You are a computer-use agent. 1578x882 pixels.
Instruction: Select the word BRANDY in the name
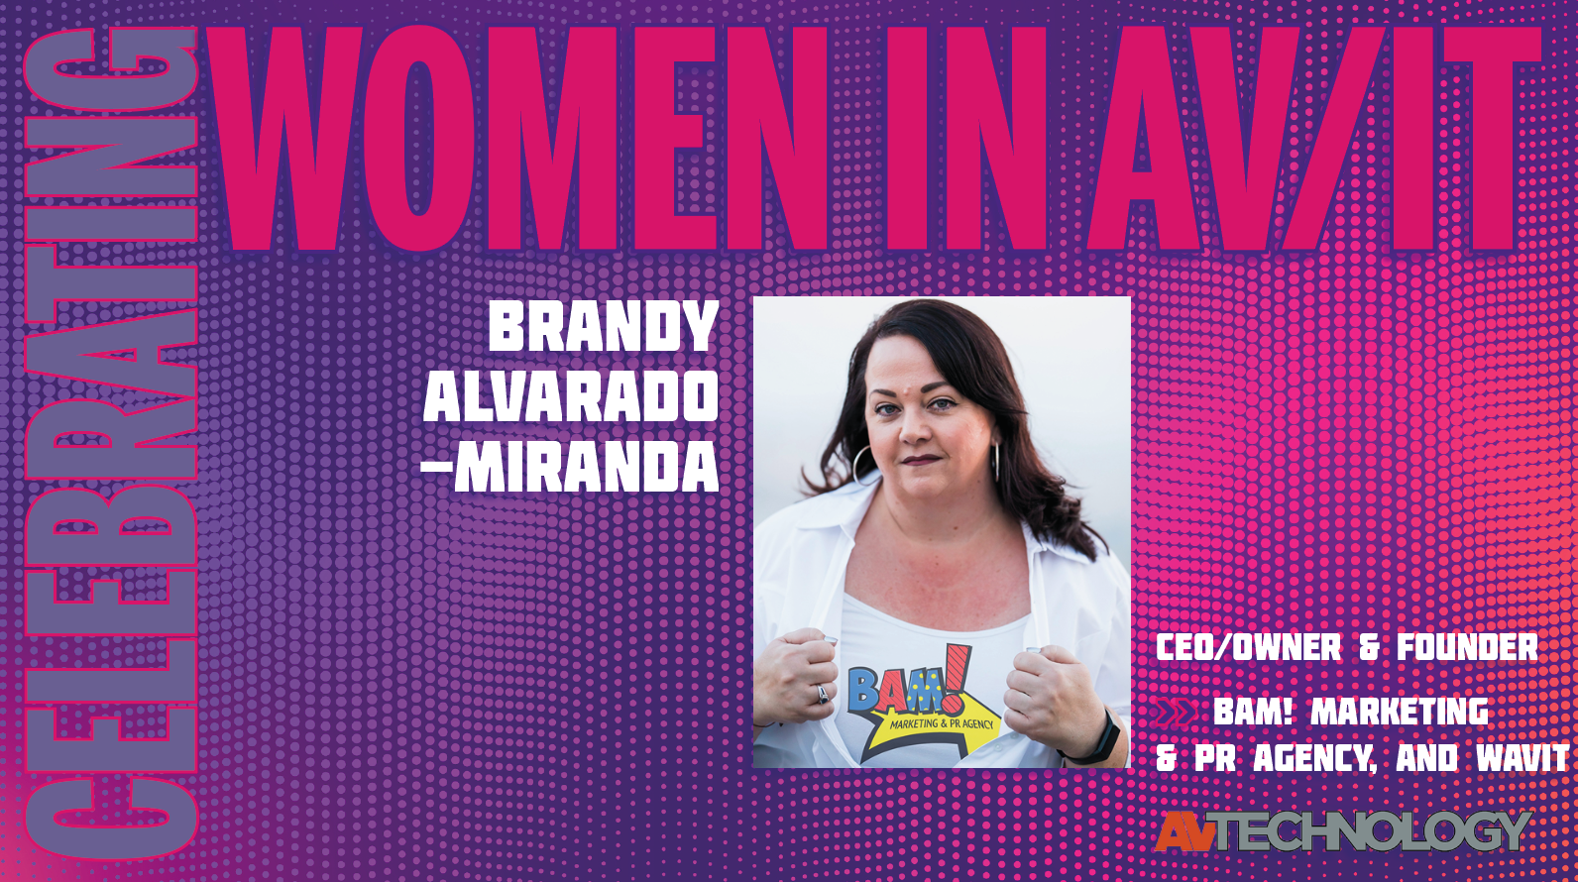(603, 327)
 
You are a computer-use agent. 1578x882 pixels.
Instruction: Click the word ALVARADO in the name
(571, 397)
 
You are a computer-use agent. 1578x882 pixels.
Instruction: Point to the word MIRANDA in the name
(586, 467)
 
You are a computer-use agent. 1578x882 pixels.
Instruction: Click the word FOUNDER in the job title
(1467, 648)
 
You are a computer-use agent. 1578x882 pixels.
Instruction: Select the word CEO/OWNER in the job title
(1248, 648)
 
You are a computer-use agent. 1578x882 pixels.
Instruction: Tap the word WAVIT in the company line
(1522, 758)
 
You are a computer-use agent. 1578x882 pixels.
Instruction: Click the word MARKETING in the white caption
(1400, 712)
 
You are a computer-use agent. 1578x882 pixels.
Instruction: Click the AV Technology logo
(1343, 830)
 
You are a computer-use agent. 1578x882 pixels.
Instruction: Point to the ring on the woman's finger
(822, 693)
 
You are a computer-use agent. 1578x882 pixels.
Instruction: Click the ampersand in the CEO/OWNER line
(1369, 648)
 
